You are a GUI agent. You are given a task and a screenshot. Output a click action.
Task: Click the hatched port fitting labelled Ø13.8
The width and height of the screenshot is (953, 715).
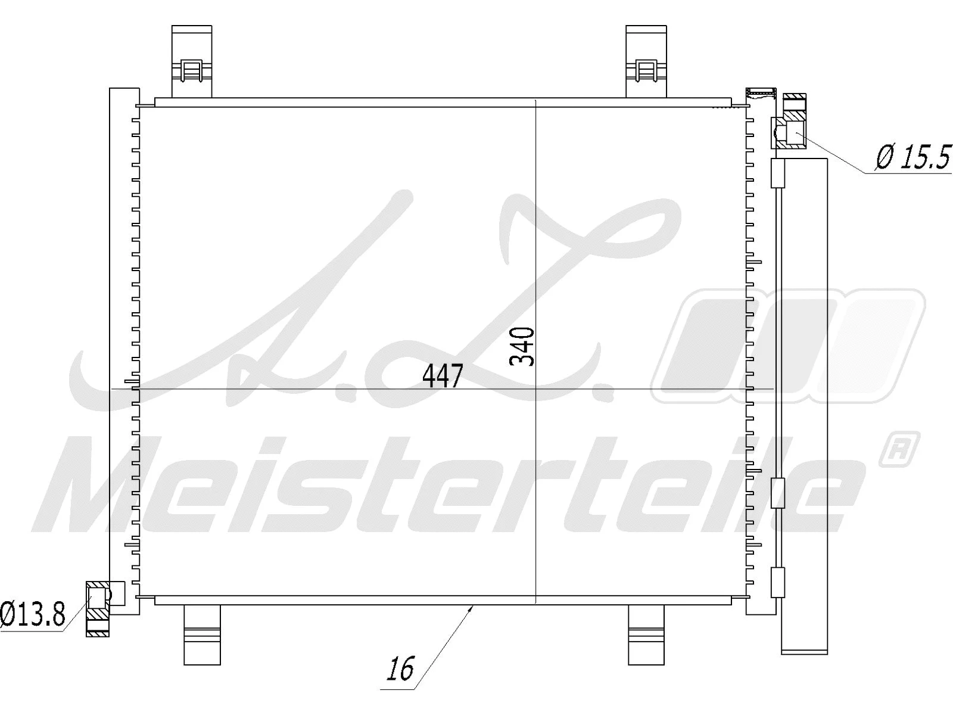[x=98, y=608]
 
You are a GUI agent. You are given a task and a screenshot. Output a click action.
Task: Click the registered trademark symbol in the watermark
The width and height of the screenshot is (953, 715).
[x=899, y=449]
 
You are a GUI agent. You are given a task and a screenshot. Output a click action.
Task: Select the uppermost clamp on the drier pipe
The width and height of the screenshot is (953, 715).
[x=778, y=173]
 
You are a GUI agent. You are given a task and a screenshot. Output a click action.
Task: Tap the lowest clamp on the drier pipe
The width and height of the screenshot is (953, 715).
[x=778, y=582]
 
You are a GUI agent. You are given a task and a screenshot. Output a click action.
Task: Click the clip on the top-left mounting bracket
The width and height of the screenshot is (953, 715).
[x=191, y=71]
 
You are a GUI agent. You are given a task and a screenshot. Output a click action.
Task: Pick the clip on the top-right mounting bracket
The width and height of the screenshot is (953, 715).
[x=646, y=71]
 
